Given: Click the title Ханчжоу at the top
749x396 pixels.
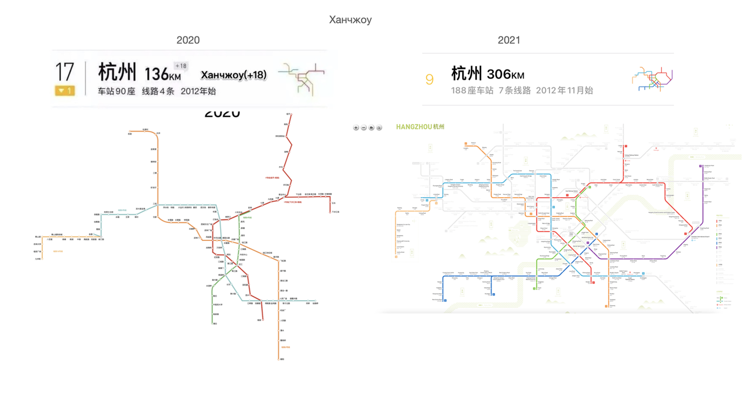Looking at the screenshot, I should pyautogui.click(x=350, y=20).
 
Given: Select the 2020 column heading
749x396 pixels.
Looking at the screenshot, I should pyautogui.click(x=188, y=40).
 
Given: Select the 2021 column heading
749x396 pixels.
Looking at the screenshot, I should pyautogui.click(x=509, y=40).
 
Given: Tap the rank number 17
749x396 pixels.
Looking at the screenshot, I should pyautogui.click(x=64, y=73).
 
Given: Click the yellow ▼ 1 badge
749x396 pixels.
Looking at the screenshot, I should pyautogui.click(x=64, y=91).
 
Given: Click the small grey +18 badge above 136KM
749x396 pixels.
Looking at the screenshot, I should pyautogui.click(x=180, y=66).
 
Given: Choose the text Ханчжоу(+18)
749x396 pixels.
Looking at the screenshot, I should pyautogui.click(x=233, y=75).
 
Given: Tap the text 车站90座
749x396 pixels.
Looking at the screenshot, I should pyautogui.click(x=116, y=91).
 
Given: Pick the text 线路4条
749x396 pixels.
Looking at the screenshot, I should pyautogui.click(x=158, y=91).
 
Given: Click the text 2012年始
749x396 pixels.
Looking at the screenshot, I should pyautogui.click(x=198, y=91).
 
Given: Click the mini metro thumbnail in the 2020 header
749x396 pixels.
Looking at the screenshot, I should pyautogui.click(x=301, y=78).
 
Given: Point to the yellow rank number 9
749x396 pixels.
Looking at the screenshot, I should pyautogui.click(x=430, y=80).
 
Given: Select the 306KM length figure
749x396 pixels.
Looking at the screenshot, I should pyautogui.click(x=506, y=74).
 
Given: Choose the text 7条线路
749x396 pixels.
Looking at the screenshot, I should pyautogui.click(x=515, y=91).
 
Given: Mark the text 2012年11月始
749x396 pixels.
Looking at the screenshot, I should pyautogui.click(x=565, y=91).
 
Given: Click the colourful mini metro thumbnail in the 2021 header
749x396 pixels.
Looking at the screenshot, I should pyautogui.click(x=652, y=79).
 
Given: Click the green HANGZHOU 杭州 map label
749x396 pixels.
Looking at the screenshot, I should pyautogui.click(x=420, y=127).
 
